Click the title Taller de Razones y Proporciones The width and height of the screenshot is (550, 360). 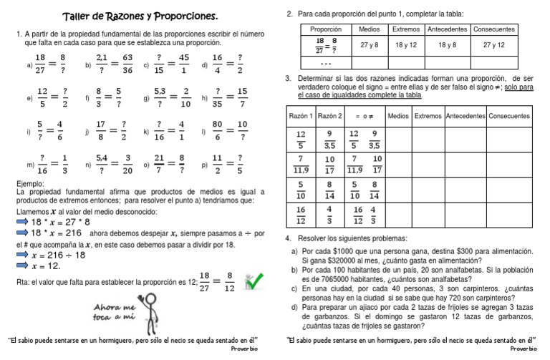(140, 16)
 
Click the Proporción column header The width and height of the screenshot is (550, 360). (327, 29)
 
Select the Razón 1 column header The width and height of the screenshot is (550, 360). (301, 115)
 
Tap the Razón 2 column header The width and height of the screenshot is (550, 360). (329, 115)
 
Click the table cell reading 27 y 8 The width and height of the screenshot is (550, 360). (370, 44)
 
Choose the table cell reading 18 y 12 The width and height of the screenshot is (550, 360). (406, 44)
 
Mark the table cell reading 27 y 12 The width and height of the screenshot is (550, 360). (493, 44)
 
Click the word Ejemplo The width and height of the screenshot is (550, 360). (30, 184)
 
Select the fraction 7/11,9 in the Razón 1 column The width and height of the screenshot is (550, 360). (301, 165)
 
